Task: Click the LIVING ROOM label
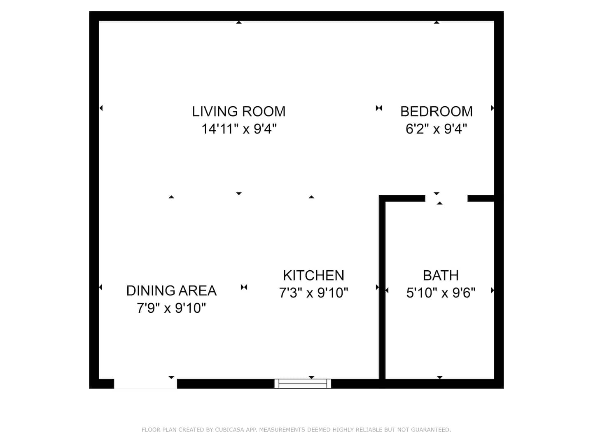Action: click(x=238, y=111)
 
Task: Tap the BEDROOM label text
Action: click(x=436, y=111)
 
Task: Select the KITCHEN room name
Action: click(x=313, y=275)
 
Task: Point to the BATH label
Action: click(x=441, y=275)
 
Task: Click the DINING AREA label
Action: click(x=171, y=290)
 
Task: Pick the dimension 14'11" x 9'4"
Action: click(x=239, y=129)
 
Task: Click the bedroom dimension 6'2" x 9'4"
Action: click(x=436, y=129)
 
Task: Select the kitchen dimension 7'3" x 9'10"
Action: click(x=313, y=293)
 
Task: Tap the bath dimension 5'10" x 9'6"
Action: click(x=441, y=293)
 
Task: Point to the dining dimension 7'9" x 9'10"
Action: click(x=171, y=308)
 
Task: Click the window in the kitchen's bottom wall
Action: click(x=303, y=383)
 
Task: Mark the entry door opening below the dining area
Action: click(x=145, y=384)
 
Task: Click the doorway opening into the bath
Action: click(x=446, y=198)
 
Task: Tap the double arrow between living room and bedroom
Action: click(x=379, y=108)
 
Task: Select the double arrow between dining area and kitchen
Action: click(x=244, y=287)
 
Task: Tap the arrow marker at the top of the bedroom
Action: click(x=436, y=22)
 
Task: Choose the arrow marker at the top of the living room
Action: click(x=239, y=22)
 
